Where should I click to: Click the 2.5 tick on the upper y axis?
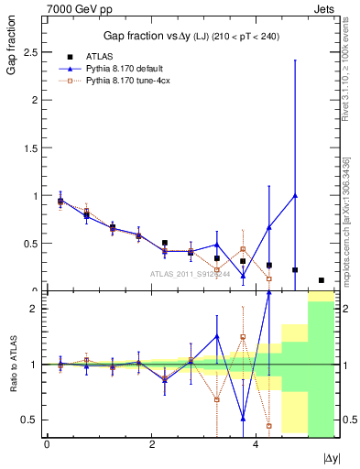(34, 53)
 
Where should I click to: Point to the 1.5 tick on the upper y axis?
(34, 148)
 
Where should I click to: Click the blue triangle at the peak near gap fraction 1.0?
(295, 195)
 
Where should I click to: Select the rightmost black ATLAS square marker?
(322, 280)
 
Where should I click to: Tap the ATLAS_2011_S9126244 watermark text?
(190, 273)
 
